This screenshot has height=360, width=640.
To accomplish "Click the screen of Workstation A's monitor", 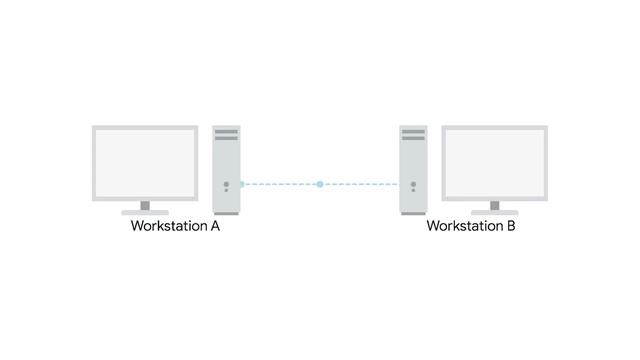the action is [x=145, y=162].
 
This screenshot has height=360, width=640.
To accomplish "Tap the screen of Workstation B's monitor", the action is [x=494, y=162].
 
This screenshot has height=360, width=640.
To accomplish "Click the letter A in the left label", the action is [x=215, y=227].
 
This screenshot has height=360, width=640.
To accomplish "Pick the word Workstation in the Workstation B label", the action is [x=465, y=227].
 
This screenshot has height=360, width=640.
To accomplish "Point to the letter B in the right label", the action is [x=511, y=227].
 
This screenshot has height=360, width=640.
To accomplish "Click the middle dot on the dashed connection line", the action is [x=319, y=184].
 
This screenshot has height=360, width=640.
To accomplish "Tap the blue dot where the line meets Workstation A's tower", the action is [x=242, y=184].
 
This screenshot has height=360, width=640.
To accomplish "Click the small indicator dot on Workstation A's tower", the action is [x=226, y=184].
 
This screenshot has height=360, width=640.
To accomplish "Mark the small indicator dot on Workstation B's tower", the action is [x=413, y=184].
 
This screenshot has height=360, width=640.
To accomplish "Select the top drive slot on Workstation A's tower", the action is [x=226, y=132].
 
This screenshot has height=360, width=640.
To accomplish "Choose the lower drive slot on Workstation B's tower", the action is [x=413, y=139].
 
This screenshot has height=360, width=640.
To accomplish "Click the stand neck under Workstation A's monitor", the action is [x=145, y=205].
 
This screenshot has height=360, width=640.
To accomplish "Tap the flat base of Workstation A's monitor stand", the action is [x=145, y=212].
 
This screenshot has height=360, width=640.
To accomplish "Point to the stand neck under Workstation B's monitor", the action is [x=494, y=205].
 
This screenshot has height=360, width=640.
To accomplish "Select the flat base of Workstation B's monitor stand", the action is [x=494, y=212].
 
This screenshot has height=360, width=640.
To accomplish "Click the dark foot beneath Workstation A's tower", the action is [x=226, y=213].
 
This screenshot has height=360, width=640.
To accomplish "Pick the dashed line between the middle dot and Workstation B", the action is [x=360, y=184].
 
